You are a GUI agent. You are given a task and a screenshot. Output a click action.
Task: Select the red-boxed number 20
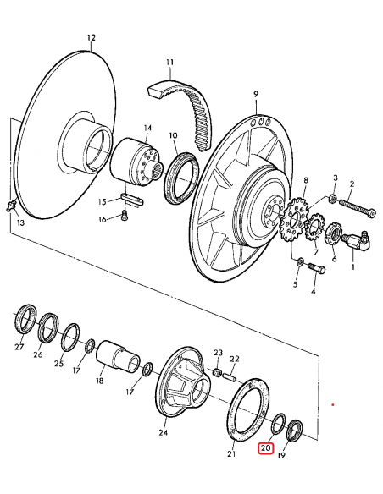tap(265, 448)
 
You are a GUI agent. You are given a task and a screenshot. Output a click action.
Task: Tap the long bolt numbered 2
tap(355, 208)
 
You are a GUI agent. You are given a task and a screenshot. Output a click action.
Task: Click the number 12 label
tap(92, 38)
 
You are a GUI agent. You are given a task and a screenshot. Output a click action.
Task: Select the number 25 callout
tap(58, 364)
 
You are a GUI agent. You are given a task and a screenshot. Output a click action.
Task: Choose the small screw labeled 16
tap(125, 219)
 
